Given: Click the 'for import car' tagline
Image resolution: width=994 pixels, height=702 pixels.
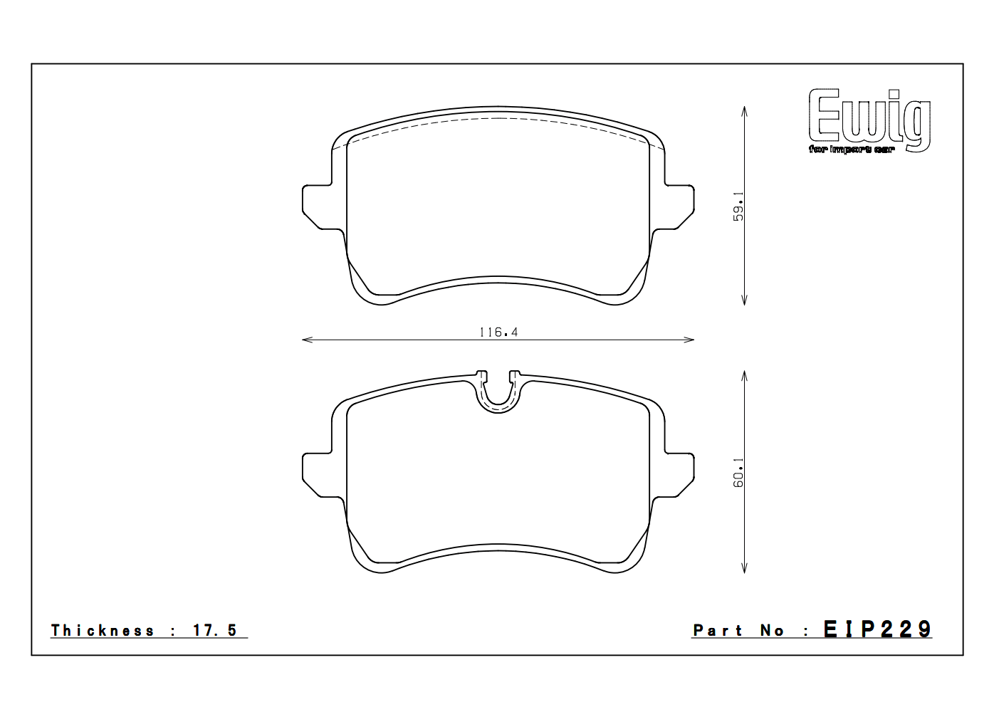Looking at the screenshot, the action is coord(852,150).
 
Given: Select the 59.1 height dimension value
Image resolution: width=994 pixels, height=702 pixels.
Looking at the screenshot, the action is coord(738,206).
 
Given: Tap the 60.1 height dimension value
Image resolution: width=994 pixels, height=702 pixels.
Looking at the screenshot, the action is coord(738,473).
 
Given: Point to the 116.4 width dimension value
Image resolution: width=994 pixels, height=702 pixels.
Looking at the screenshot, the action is coord(498,332).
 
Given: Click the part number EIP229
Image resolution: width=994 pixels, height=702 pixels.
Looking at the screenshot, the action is coord(877,629).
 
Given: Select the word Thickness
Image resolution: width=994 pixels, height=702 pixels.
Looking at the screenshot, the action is coord(103,630).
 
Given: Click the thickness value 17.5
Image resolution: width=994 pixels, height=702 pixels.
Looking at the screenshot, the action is coord(215,630).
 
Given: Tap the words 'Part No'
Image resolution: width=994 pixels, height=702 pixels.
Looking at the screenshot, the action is coord(738,630).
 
